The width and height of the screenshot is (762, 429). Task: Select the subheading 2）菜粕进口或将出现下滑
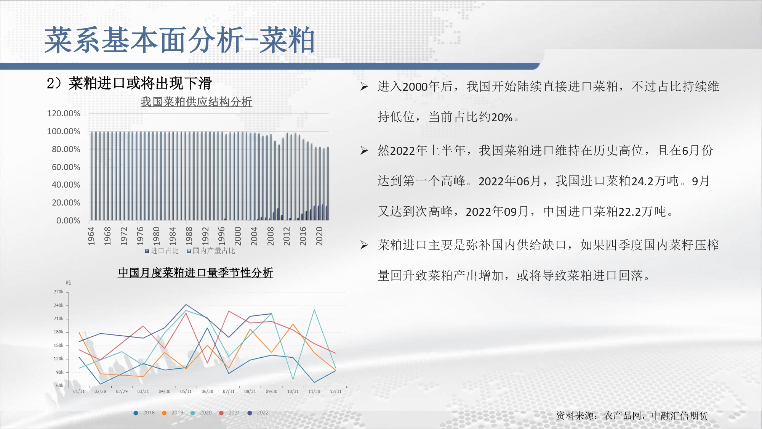pos(129,83)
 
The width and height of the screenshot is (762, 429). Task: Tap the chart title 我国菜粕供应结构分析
pos(196,102)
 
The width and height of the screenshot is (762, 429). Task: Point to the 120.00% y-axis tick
pos(64,113)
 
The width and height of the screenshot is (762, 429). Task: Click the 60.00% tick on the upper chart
pos(66,167)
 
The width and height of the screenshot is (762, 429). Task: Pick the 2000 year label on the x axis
pos(238,236)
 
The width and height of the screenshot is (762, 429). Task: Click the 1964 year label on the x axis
pos(91,236)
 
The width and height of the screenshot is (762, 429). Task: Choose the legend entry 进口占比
pos(162,251)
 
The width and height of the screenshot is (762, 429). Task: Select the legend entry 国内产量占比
pos(211,251)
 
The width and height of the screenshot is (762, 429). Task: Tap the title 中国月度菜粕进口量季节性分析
pos(195,273)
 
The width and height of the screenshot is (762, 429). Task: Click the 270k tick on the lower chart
pos(58,292)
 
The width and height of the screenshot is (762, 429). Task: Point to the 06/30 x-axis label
pos(207,391)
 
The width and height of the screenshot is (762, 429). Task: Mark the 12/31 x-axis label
pos(336,391)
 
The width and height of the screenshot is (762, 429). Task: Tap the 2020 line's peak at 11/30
pos(314,310)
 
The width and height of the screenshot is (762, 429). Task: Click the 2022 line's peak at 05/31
pos(186,304)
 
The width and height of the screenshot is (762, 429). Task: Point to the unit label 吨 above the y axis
pos(68,283)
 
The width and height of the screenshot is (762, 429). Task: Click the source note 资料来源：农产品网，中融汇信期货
pos(632,415)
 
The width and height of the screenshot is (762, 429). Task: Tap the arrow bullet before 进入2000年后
pos(364,87)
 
